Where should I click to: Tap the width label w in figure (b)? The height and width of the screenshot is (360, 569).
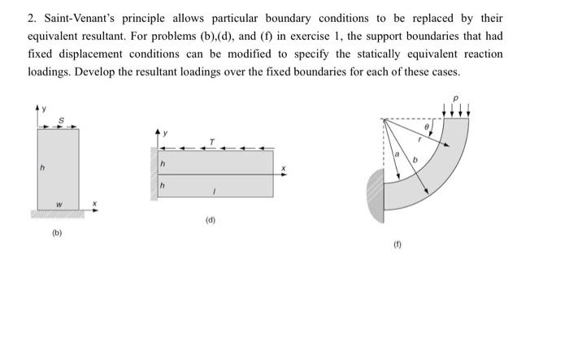[x=58, y=203]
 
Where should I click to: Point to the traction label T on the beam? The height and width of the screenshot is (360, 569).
[x=212, y=141]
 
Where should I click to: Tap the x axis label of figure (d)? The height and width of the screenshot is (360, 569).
[x=284, y=168]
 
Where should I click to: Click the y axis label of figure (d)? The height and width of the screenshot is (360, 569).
[x=167, y=132]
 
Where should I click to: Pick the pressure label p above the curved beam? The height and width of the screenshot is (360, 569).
[x=456, y=99]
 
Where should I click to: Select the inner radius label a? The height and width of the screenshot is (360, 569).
[x=397, y=154]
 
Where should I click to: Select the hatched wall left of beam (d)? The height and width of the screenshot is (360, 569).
[x=154, y=173]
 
